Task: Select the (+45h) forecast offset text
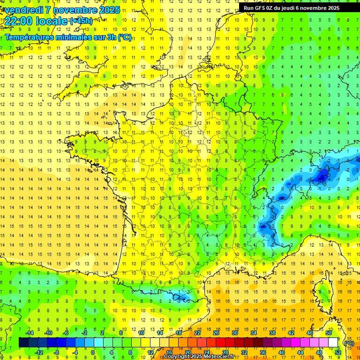(81, 21)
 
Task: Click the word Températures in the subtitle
(29, 37)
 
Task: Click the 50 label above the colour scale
(328, 333)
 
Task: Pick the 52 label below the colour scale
(337, 352)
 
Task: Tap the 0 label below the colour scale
(93, 352)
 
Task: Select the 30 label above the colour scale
(234, 333)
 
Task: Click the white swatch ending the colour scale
(333, 342)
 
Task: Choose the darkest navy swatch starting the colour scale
(23, 342)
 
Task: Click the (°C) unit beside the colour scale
(348, 343)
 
